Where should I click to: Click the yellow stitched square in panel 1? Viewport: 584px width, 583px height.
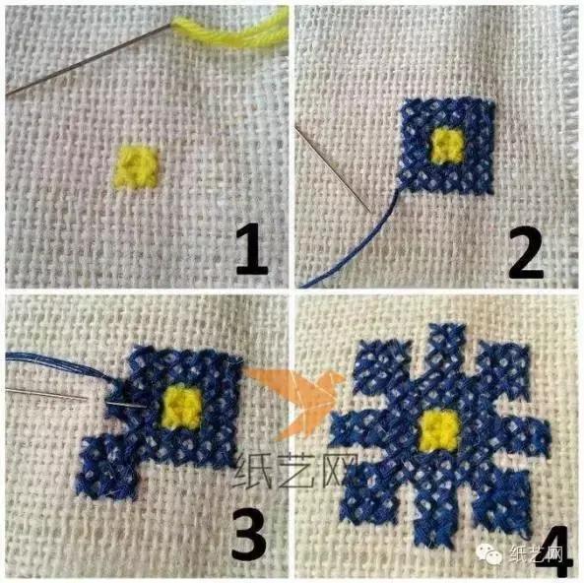pyautogui.click(x=136, y=165)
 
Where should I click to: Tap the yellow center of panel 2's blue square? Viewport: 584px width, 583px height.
pyautogui.click(x=447, y=146)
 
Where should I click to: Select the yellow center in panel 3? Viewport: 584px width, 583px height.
pyautogui.click(x=181, y=406)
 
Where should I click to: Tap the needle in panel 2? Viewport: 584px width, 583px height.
pyautogui.click(x=333, y=169)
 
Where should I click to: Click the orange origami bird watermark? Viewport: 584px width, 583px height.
pyautogui.click(x=294, y=399)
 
